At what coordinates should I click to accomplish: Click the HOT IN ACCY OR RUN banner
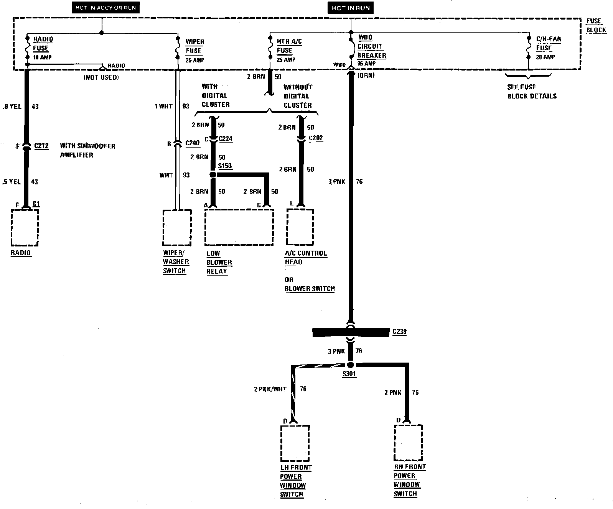click(105, 7)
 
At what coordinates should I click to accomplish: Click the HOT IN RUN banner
click(350, 8)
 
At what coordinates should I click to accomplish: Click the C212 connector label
click(41, 146)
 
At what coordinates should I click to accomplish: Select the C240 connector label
click(193, 143)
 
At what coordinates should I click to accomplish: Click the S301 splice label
click(349, 374)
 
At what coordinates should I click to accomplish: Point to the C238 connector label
click(399, 332)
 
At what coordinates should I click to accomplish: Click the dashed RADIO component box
click(25, 228)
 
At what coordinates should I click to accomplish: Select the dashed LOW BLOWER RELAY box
click(239, 227)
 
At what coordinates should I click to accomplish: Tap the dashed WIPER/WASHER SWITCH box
click(177, 228)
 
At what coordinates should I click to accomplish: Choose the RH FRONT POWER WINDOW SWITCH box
click(408, 443)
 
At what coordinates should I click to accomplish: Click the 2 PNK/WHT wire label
click(270, 389)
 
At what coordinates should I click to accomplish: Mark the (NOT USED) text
click(101, 77)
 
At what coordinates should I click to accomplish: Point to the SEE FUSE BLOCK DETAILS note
click(532, 92)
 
